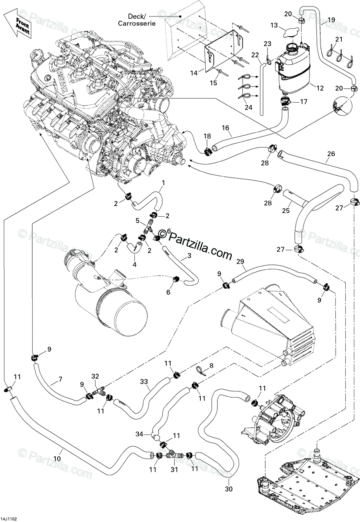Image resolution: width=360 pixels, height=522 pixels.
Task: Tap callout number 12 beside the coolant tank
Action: click(320, 88)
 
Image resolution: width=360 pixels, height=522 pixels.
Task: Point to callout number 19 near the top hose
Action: click(331, 20)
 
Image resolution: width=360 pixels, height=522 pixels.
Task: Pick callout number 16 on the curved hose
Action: click(225, 128)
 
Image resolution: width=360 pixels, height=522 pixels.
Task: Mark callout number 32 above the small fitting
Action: click(95, 376)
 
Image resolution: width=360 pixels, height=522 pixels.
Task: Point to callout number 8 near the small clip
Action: click(211, 367)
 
